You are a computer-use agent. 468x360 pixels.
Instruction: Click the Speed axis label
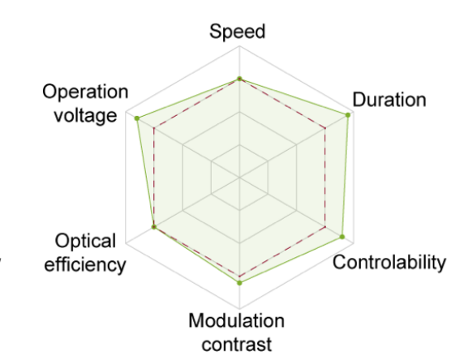tap(238, 32)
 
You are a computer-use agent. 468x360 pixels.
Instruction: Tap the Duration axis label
tap(389, 99)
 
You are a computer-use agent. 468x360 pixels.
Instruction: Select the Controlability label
tap(389, 263)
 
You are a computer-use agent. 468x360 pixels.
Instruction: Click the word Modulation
tap(236, 321)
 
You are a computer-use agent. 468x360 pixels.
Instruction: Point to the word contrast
tap(237, 345)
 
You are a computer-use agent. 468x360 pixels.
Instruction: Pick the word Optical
tap(85, 242)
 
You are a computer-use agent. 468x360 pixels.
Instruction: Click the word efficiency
tap(85, 265)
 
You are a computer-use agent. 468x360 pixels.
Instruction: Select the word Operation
tap(85, 92)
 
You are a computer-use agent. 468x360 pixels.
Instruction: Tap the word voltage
tap(85, 115)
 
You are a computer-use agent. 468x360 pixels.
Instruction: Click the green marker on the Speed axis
tap(239, 79)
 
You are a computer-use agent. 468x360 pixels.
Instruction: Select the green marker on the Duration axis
tap(348, 115)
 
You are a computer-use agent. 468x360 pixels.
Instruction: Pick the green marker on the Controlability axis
tap(342, 237)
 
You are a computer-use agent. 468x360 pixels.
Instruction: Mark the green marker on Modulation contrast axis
tap(239, 283)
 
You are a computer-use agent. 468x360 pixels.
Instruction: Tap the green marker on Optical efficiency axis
tap(154, 227)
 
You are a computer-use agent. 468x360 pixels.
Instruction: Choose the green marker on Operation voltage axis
tap(137, 118)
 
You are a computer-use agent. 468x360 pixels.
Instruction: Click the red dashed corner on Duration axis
tap(325, 129)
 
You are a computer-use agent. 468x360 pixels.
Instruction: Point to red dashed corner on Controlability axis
tap(325, 227)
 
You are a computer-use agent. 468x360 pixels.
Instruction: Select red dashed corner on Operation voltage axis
tap(154, 129)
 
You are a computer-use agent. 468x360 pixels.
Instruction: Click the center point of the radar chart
tap(239, 178)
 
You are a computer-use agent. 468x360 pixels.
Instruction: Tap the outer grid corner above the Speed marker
tap(239, 46)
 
